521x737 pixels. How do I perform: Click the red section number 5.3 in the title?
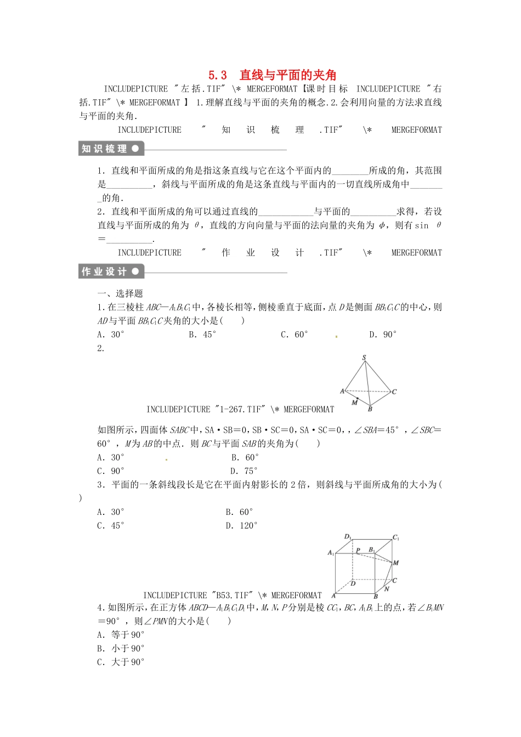[218, 76]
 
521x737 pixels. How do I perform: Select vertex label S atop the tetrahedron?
[364, 358]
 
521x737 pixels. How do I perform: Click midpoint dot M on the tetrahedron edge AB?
[357, 399]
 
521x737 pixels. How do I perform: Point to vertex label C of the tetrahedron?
[394, 392]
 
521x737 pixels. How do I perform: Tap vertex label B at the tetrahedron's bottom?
[370, 409]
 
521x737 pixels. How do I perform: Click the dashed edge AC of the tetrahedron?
[367, 391]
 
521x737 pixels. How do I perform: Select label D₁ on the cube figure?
[348, 536]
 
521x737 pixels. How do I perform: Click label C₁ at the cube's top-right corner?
[396, 538]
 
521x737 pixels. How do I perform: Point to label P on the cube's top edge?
[358, 550]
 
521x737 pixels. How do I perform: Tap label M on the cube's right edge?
[396, 563]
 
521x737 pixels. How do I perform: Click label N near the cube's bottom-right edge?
[387, 589]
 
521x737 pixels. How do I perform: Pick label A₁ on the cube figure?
[331, 553]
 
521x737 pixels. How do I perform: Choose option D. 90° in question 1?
[383, 335]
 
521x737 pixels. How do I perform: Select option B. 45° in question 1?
[202, 335]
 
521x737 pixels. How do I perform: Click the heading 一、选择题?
[120, 294]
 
